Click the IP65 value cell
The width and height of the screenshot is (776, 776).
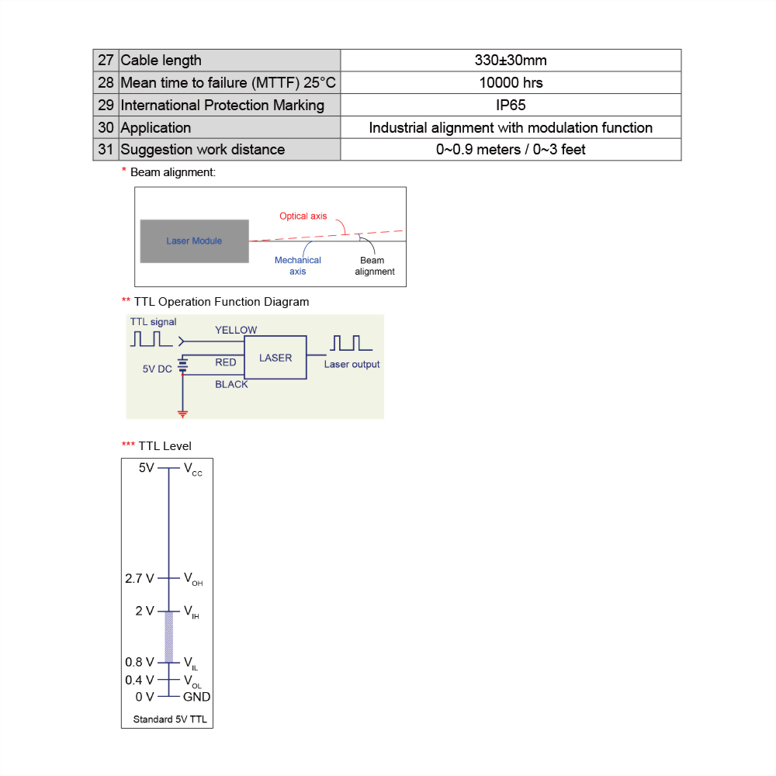(511, 105)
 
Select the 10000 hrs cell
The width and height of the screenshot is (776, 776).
(511, 82)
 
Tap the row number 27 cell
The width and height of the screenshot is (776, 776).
(106, 61)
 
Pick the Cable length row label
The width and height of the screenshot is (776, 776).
(161, 61)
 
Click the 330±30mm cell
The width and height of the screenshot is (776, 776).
(511, 61)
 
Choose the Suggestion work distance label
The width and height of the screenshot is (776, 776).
(203, 150)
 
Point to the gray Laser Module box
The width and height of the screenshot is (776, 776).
(194, 241)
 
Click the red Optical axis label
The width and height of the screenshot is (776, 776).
(303, 216)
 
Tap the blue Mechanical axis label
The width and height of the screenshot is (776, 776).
(297, 265)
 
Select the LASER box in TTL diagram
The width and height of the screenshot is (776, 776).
(275, 358)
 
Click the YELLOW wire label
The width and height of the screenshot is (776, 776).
(236, 330)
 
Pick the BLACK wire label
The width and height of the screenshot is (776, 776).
(231, 384)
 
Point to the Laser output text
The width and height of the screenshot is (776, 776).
(352, 364)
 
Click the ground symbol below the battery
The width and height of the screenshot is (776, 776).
(183, 413)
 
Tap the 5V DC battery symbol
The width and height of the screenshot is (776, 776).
(183, 365)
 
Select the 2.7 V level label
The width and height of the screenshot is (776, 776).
(140, 578)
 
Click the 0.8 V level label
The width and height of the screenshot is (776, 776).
(140, 662)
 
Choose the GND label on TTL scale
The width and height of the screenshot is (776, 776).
(196, 697)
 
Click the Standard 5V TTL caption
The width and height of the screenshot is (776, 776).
(170, 719)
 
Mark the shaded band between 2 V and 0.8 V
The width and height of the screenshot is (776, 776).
(168, 636)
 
